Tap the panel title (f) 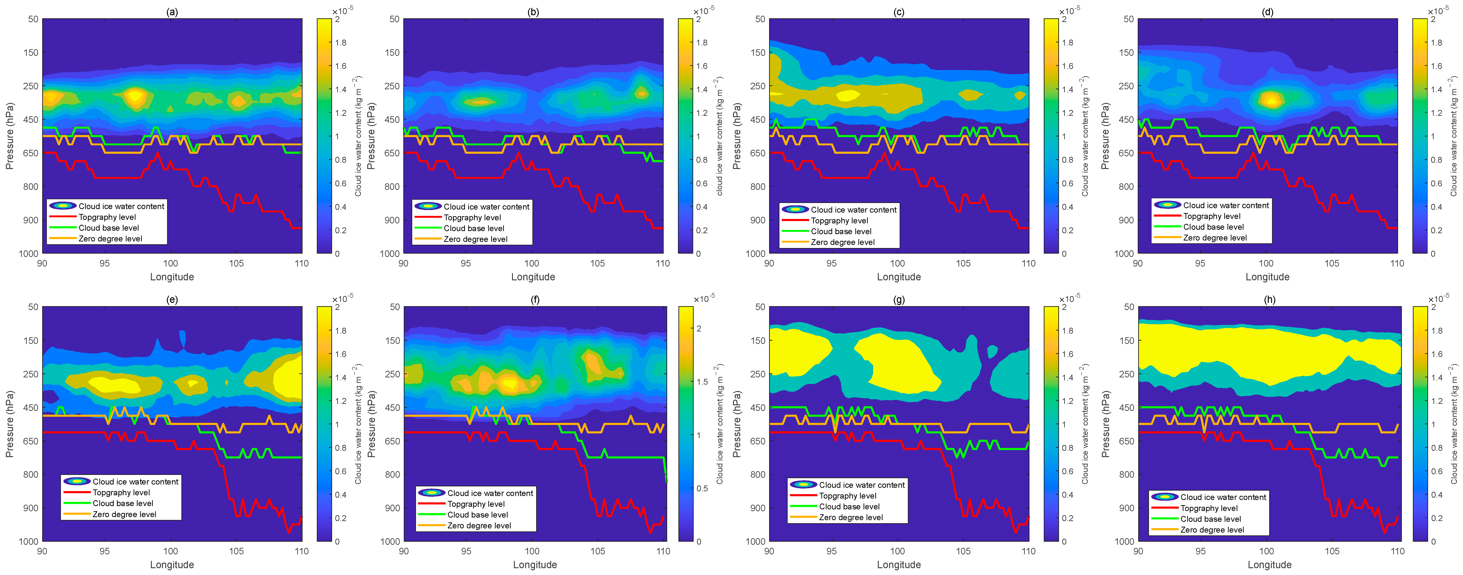point(535,299)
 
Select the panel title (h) point(1269,299)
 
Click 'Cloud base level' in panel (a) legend point(109,228)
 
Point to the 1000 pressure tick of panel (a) point(28,253)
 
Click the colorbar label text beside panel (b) point(719,136)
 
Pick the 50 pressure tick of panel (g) point(760,307)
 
